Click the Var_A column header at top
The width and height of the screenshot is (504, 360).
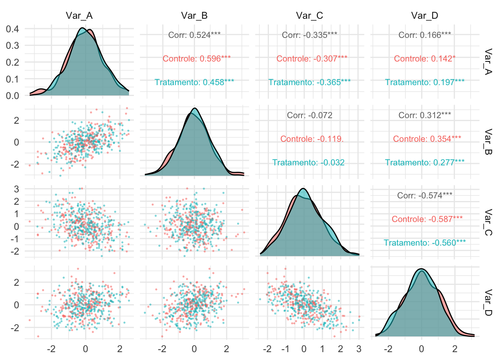click(x=79, y=15)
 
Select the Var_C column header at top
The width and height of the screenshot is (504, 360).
click(x=309, y=15)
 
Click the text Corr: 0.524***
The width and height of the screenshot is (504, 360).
click(x=194, y=35)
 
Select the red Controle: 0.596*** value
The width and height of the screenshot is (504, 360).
click(x=196, y=59)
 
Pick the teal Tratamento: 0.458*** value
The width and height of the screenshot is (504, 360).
click(x=194, y=82)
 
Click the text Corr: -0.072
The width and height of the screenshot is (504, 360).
click(x=309, y=115)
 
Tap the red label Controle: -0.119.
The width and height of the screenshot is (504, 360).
click(x=312, y=139)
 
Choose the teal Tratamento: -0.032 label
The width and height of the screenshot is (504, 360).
click(x=308, y=163)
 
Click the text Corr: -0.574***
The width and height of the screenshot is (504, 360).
click(x=424, y=195)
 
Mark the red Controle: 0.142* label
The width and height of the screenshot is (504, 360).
click(x=424, y=59)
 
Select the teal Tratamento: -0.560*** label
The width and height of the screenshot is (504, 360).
click(x=424, y=243)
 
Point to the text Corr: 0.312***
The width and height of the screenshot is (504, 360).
click(x=424, y=115)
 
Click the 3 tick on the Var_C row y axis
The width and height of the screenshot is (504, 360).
click(x=16, y=189)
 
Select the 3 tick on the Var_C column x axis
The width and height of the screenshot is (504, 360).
click(x=359, y=349)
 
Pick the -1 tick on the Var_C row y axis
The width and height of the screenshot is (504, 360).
click(x=15, y=239)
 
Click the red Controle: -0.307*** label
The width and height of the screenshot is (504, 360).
click(x=312, y=59)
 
